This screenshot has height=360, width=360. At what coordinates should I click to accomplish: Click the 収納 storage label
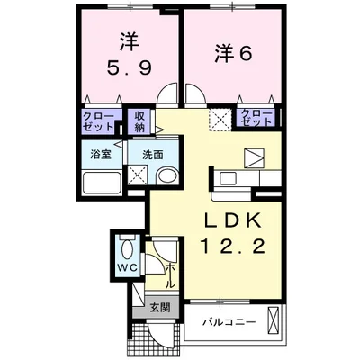(x=140, y=120)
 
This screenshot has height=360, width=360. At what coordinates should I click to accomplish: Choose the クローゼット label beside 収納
(x=98, y=120)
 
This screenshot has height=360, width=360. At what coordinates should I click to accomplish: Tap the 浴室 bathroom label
(x=99, y=154)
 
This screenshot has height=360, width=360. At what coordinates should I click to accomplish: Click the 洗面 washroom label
(x=153, y=154)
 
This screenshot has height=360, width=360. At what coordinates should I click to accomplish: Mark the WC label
(x=125, y=268)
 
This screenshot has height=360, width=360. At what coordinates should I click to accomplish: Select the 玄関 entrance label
(x=158, y=306)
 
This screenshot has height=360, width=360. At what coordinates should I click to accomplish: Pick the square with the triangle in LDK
(x=256, y=157)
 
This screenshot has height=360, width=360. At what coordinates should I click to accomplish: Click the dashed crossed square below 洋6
(x=219, y=117)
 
